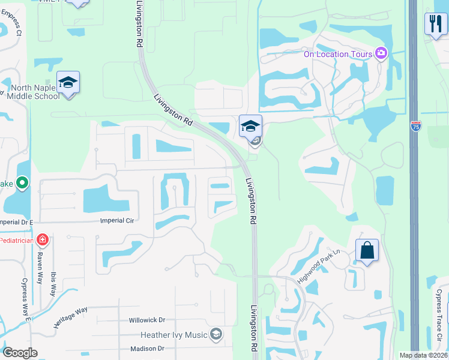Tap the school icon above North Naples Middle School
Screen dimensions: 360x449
pos(68,83)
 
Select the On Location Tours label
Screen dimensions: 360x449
pos(338,54)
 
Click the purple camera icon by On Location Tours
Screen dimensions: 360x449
pos(381,54)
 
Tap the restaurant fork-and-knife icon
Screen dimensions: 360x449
pos(435,24)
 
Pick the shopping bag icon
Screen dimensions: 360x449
pos(367,250)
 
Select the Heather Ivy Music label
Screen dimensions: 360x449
pos(174,335)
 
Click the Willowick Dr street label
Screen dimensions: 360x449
pos(146,320)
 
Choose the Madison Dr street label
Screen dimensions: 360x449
pos(146,349)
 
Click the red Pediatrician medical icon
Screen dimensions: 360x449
pos(42,241)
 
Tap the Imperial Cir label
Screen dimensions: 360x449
pos(117,220)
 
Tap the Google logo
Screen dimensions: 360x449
pos(20,353)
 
